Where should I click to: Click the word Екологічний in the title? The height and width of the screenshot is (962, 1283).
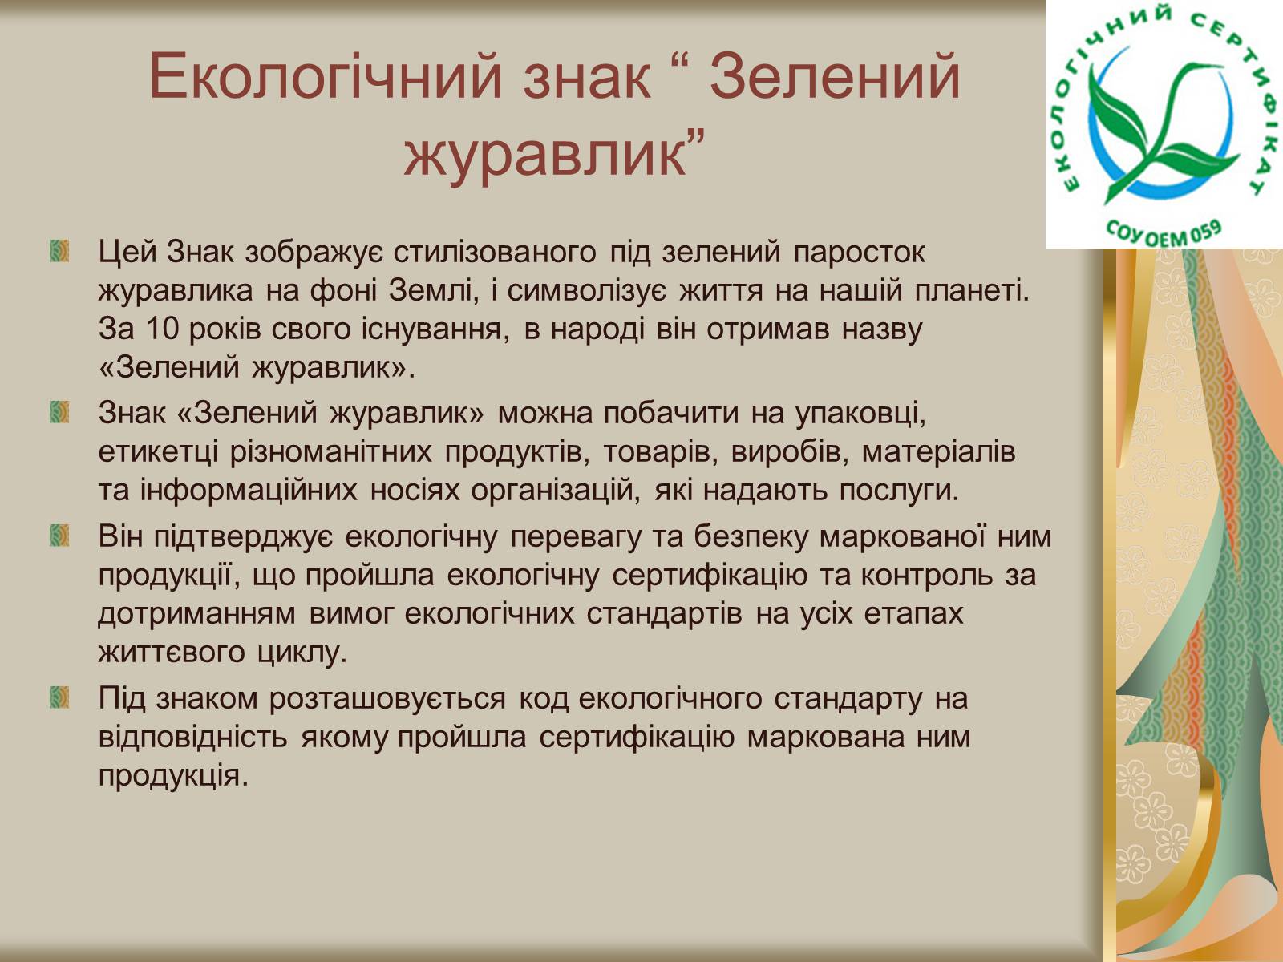(x=326, y=77)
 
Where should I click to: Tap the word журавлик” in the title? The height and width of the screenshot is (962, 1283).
(x=554, y=154)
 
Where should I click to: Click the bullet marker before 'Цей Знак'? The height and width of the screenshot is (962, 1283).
(x=59, y=251)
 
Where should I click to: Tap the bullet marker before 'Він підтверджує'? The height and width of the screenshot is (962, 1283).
(x=59, y=535)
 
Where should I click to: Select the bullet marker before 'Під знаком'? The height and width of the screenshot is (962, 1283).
(x=59, y=697)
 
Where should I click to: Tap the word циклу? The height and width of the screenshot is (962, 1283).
(x=302, y=653)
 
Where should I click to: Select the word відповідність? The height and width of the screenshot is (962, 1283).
(x=193, y=737)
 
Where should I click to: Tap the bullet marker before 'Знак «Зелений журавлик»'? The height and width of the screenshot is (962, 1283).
(x=59, y=412)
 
